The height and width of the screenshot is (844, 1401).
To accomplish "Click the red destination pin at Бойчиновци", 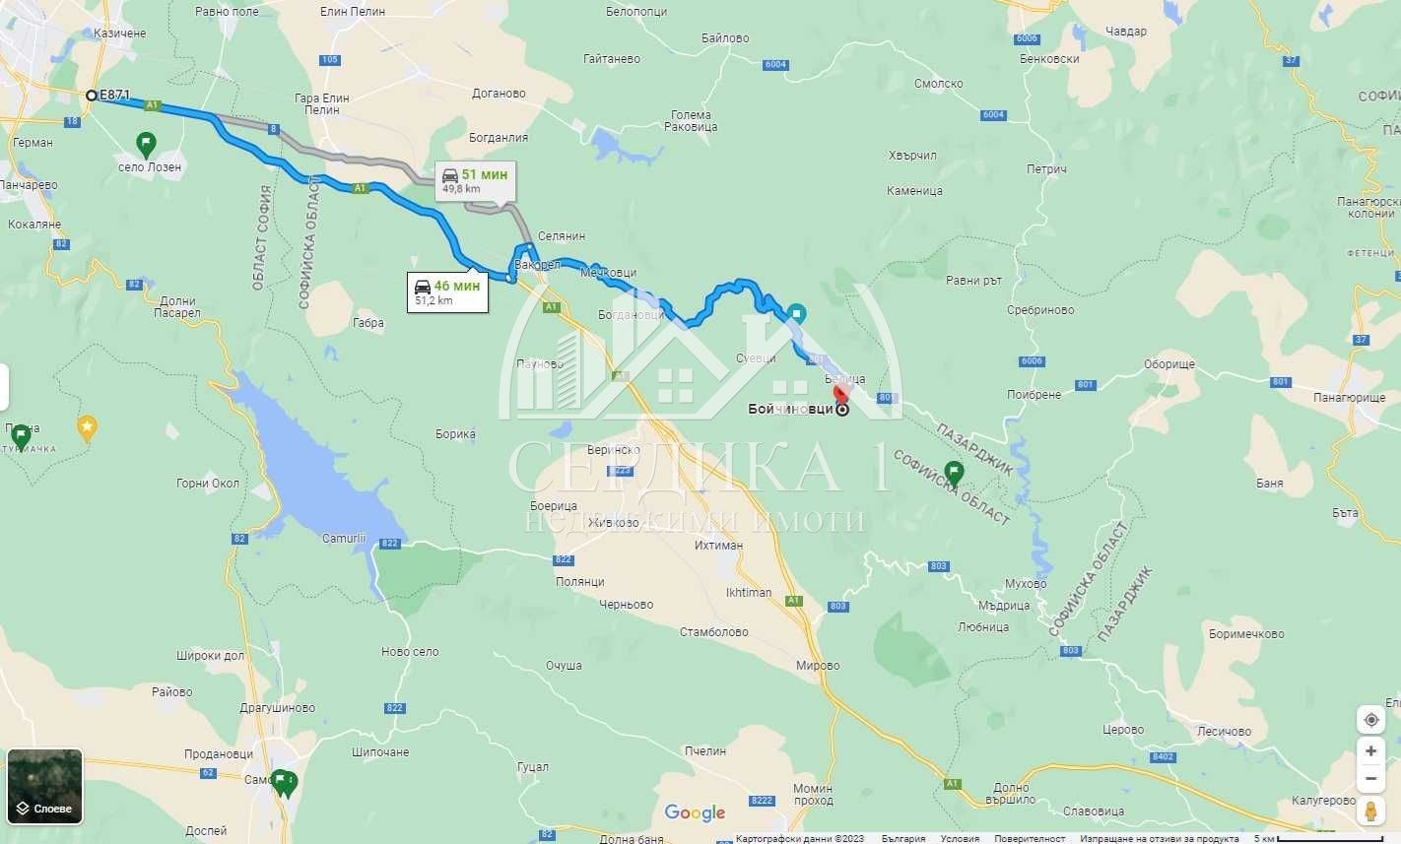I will [x=840, y=395].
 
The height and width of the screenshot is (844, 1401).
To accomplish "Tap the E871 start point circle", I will [x=92, y=96].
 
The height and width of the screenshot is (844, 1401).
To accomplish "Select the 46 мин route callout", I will [x=447, y=292].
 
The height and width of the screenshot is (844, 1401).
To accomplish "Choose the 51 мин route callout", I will [x=475, y=180].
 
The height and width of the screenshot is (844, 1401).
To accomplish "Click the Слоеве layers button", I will [x=44, y=786].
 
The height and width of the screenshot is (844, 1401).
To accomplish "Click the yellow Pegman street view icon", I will [x=1370, y=811].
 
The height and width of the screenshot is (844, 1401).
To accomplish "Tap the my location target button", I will [x=1370, y=720].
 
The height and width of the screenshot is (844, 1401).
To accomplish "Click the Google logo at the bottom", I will [x=695, y=812].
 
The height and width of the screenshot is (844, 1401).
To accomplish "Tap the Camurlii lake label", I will [x=344, y=539].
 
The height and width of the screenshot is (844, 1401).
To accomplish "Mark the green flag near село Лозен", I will [x=146, y=145].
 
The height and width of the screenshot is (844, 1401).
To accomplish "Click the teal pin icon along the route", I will [x=797, y=314].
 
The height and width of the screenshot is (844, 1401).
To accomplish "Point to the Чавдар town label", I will [x=1125, y=32].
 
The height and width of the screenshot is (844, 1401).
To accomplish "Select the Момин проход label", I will [x=813, y=795].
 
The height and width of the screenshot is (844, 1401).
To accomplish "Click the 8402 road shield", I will [x=1163, y=756].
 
